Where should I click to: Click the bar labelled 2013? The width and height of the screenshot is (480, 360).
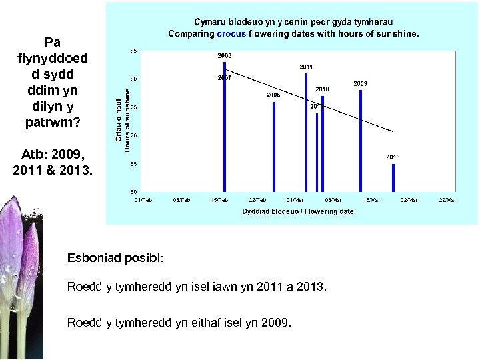pyautogui.click(x=393, y=177)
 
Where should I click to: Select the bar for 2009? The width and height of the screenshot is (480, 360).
pyautogui.click(x=361, y=140)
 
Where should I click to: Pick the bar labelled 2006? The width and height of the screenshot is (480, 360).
pyautogui.click(x=274, y=146)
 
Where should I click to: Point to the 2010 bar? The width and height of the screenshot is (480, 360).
pyautogui.click(x=323, y=143)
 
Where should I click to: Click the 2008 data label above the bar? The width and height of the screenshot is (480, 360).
pyautogui.click(x=225, y=56)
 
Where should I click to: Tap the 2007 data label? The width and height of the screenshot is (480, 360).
pyautogui.click(x=225, y=77)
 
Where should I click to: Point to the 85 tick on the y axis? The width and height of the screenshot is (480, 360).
pyautogui.click(x=134, y=51)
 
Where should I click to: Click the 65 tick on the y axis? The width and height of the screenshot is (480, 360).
pyautogui.click(x=134, y=163)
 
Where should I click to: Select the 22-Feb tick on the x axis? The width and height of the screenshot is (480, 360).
pyautogui.click(x=257, y=199)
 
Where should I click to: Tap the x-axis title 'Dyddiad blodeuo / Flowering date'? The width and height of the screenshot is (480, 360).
pyautogui.click(x=298, y=211)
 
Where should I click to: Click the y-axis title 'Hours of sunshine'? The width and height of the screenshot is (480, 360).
pyautogui.click(x=127, y=121)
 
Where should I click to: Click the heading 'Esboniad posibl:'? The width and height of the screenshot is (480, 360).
pyautogui.click(x=115, y=257)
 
